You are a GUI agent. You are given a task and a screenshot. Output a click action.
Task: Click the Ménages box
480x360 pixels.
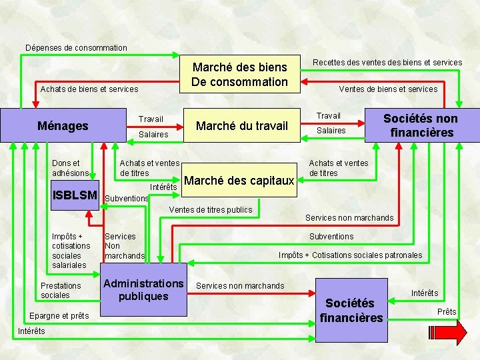click(63, 125)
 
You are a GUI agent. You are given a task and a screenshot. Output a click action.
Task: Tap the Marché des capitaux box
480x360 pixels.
click(239, 181)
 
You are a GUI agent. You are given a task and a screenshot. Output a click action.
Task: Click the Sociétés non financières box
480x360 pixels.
click(421, 125)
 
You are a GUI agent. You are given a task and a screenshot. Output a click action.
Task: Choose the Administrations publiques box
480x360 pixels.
click(143, 290)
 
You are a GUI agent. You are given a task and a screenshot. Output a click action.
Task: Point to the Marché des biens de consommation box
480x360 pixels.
click(240, 74)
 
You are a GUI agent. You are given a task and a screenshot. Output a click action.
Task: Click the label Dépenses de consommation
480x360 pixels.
click(75, 47)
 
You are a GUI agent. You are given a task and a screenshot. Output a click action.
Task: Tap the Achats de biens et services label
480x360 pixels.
click(89, 89)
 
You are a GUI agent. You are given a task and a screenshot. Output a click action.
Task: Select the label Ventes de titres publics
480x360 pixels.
click(211, 210)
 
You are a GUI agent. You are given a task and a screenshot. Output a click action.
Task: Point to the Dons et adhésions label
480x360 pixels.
click(70, 168)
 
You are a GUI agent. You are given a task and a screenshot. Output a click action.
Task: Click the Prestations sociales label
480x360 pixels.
click(61, 290)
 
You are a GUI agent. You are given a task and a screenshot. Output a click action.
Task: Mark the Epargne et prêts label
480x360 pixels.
click(59, 316)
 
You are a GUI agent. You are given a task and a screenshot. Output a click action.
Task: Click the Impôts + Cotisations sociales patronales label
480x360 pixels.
click(350, 255)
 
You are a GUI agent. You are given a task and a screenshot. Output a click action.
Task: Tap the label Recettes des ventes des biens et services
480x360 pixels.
click(387, 63)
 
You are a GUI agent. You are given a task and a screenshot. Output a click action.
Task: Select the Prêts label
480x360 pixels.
click(447, 312)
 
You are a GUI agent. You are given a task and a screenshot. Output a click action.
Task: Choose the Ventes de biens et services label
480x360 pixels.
click(388, 89)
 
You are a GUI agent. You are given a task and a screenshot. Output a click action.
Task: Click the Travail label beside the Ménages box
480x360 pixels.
click(151, 119)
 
